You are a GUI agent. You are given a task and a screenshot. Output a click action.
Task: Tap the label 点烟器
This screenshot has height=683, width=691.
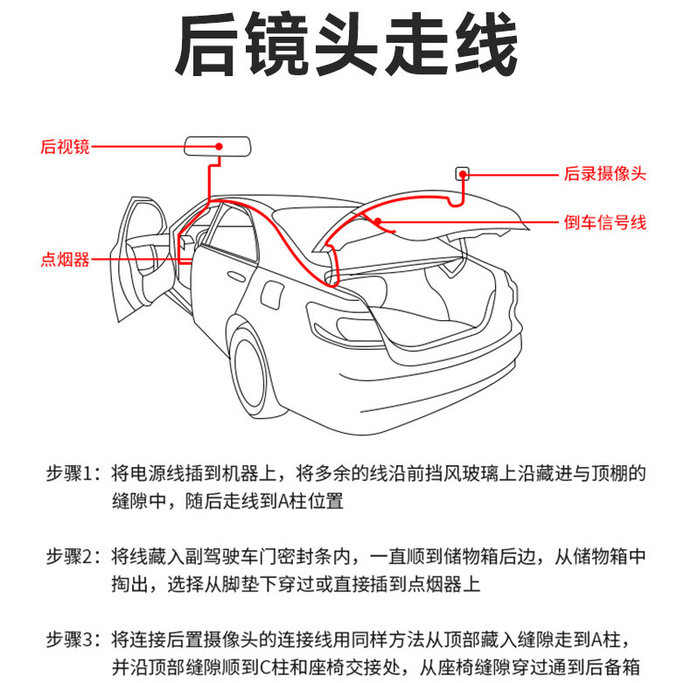65,259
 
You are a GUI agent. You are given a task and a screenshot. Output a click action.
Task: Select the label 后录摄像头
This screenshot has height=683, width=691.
604,174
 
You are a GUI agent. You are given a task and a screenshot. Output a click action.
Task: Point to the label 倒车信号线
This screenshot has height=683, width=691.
604,223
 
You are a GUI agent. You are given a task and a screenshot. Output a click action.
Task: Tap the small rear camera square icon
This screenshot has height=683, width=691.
462,173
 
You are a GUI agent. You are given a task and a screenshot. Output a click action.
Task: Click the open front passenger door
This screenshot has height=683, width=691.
140,254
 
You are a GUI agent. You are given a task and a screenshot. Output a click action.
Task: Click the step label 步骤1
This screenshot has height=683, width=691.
74,474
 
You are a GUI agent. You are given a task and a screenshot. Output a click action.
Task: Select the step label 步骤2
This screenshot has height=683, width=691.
74,557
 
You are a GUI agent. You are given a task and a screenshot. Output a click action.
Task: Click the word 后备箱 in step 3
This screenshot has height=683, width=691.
622,667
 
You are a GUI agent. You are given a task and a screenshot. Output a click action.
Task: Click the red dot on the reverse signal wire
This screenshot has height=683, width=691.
379,222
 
